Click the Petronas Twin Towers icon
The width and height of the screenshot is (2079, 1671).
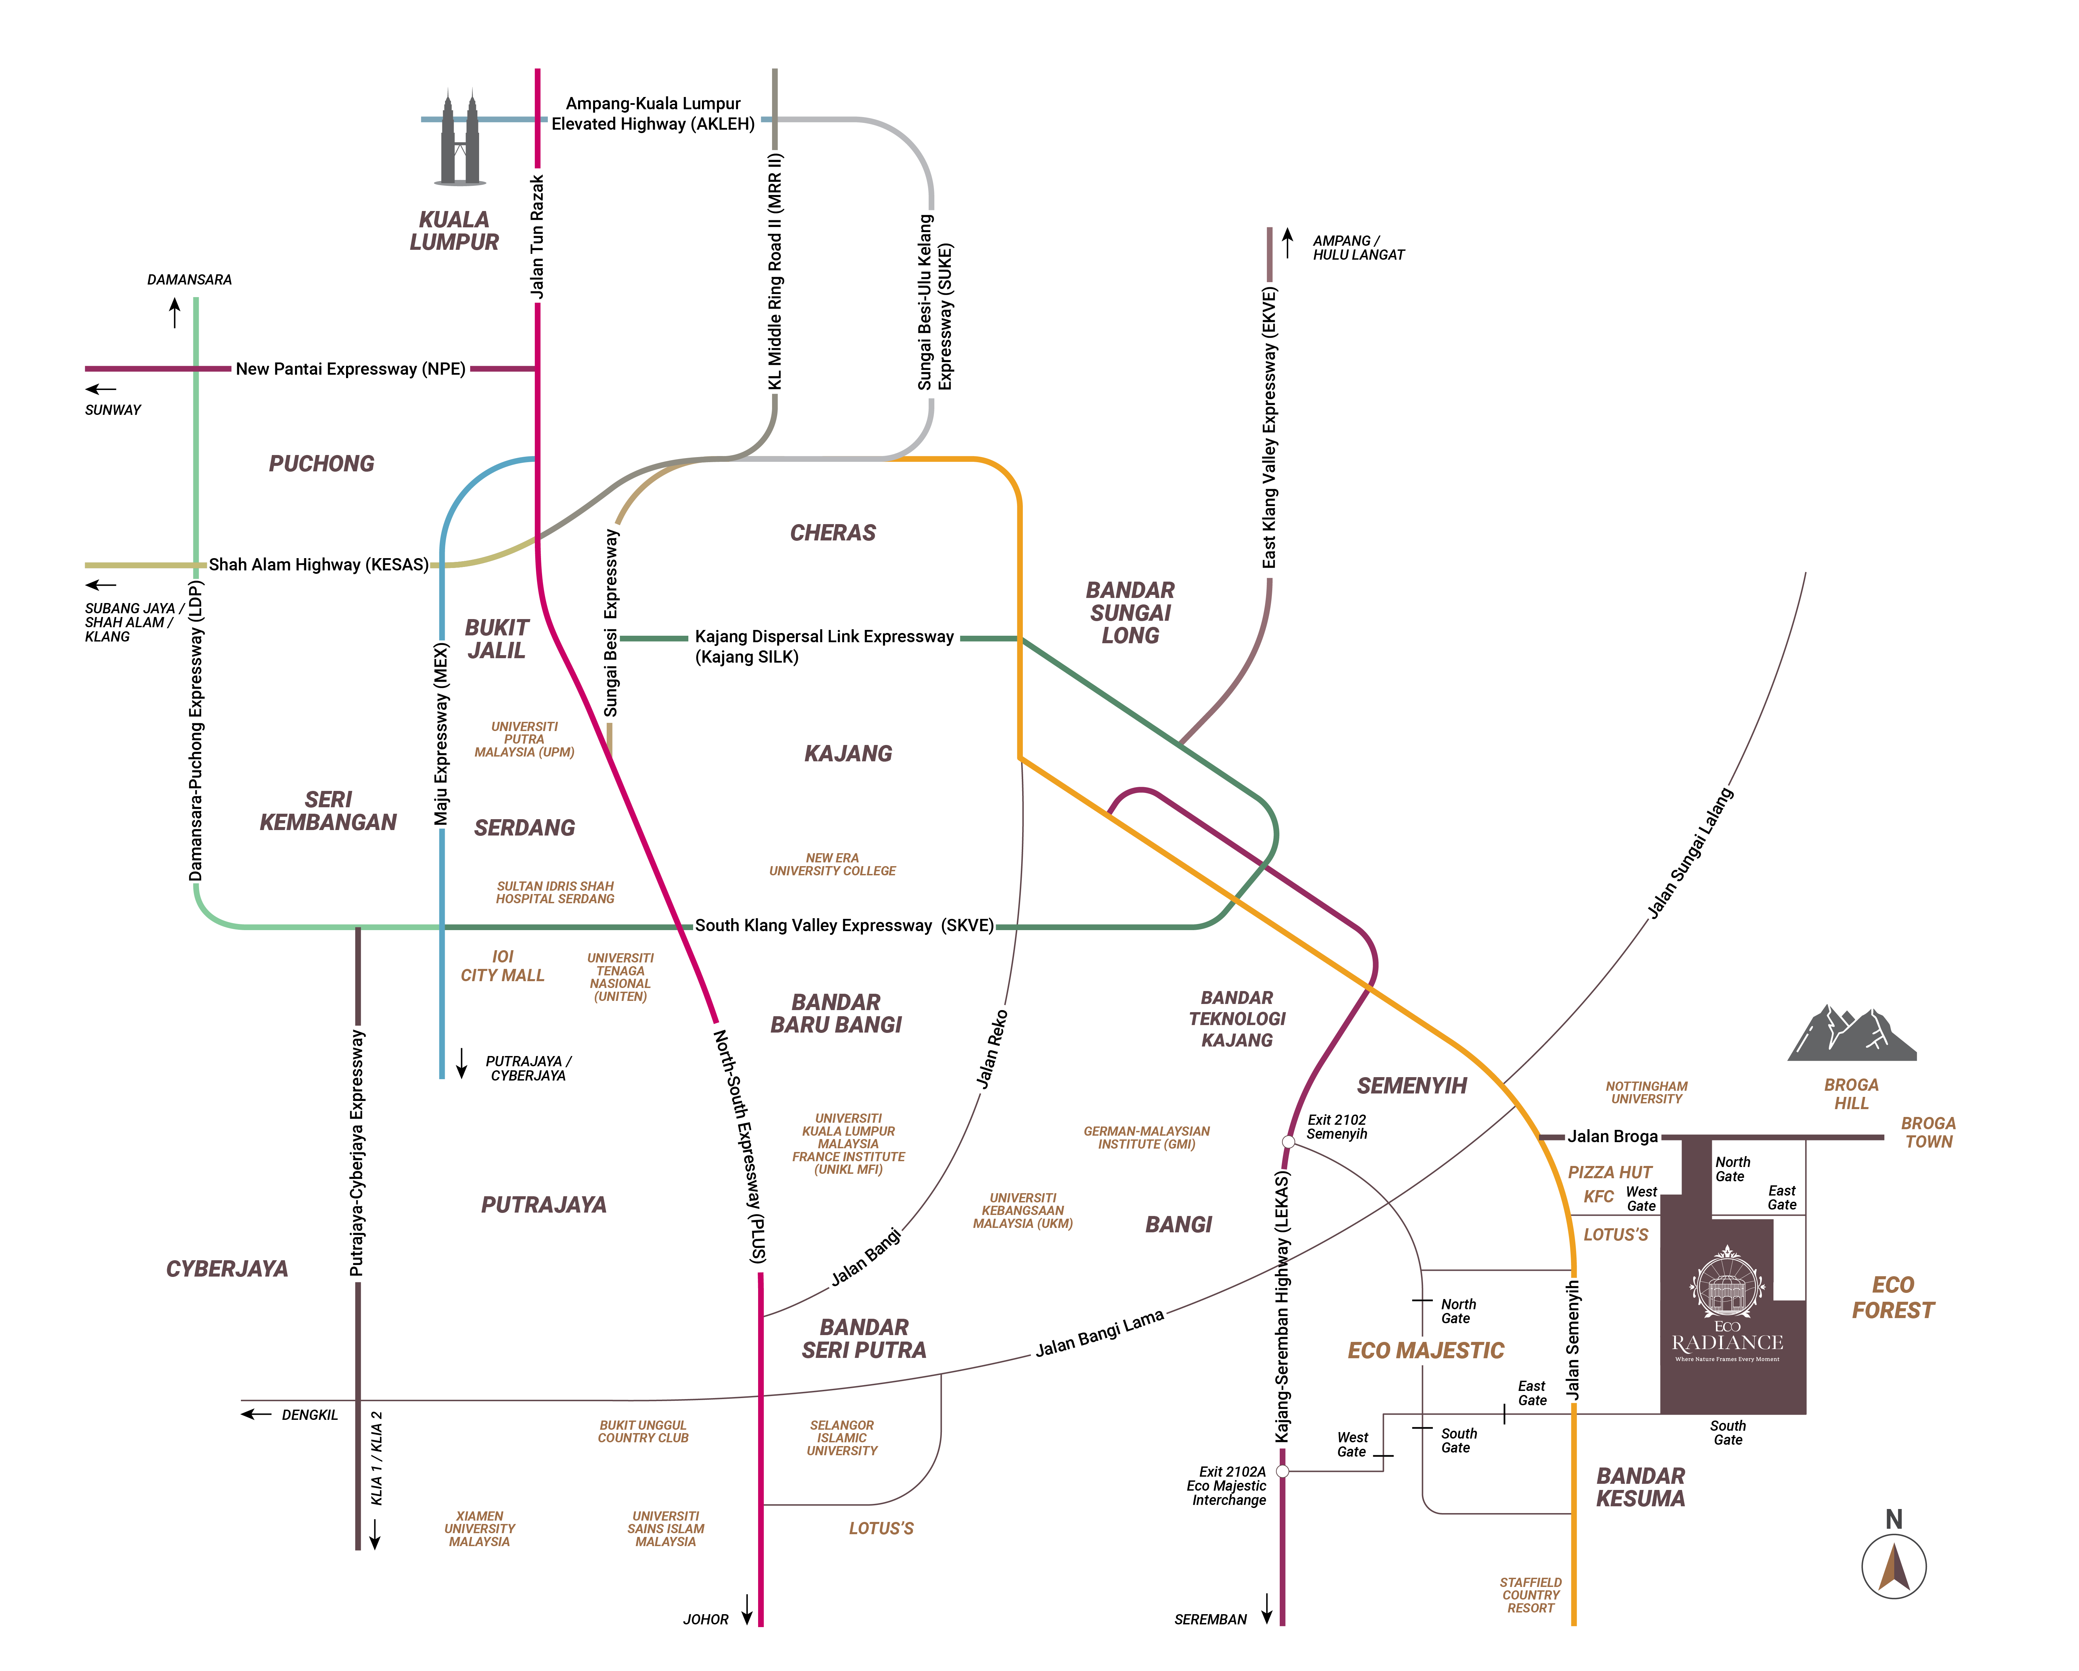[459, 137]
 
